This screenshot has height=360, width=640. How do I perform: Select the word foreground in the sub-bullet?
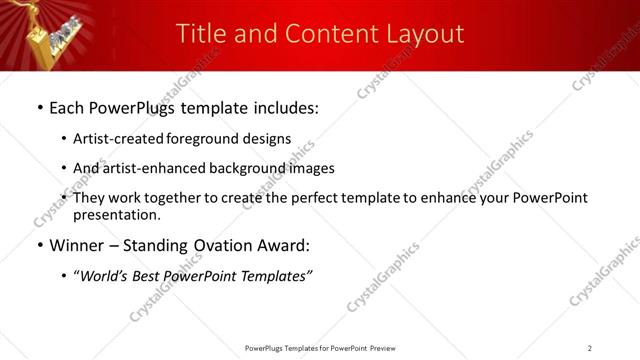click(196, 139)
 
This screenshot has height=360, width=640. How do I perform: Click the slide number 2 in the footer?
click(590, 347)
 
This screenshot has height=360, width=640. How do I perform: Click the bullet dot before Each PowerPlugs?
click(39, 106)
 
